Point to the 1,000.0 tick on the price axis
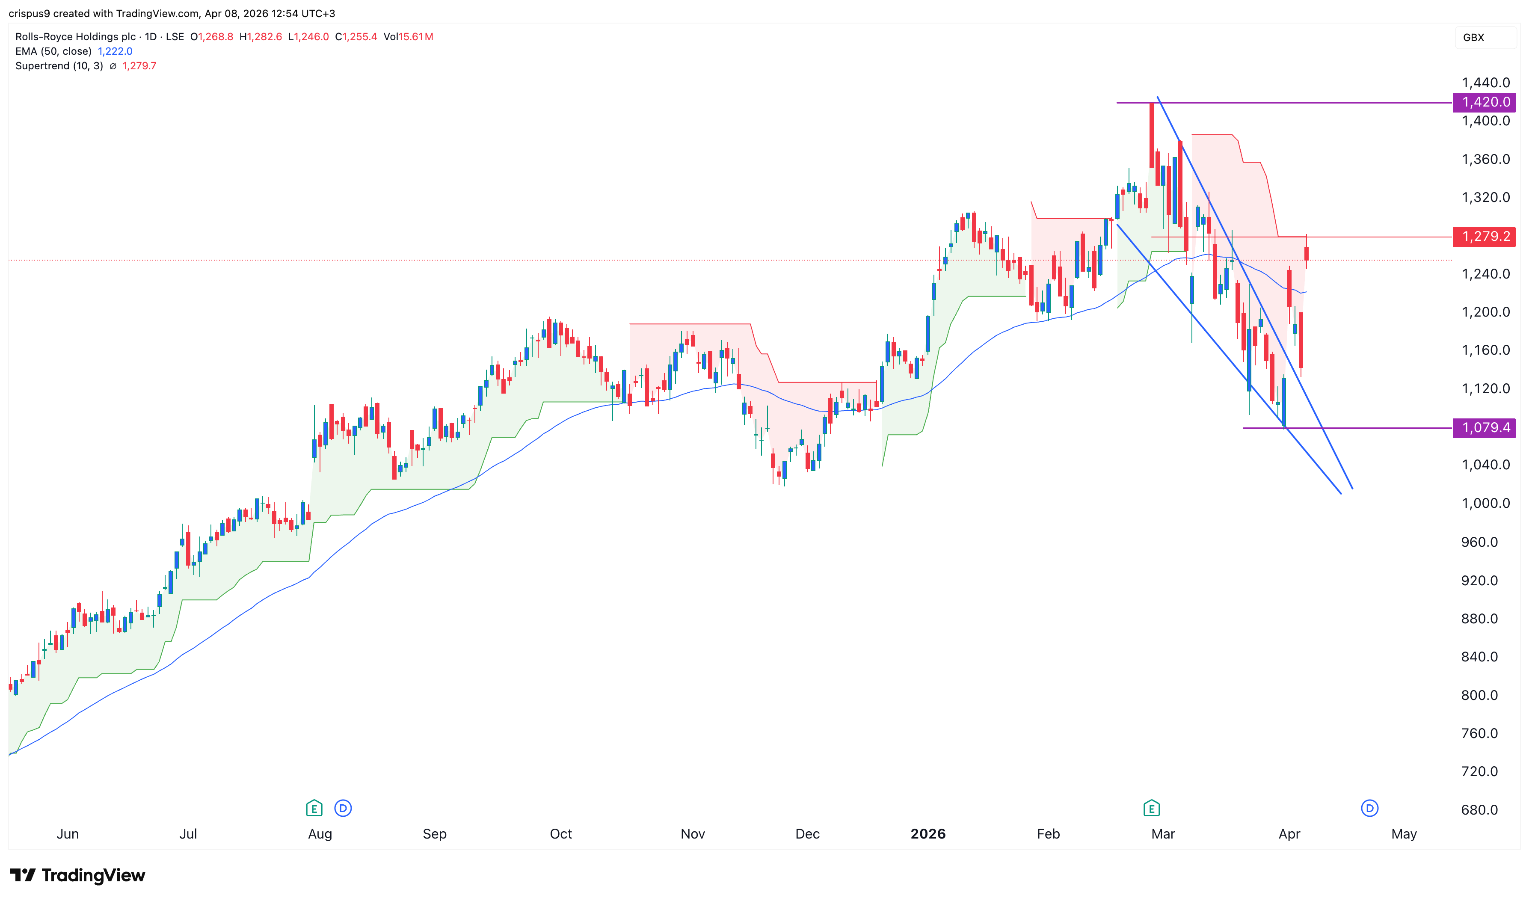[1485, 503]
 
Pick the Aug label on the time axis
[320, 833]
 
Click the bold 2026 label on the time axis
[927, 833]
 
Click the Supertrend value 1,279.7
[139, 65]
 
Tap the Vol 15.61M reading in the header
[408, 36]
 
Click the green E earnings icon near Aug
[314, 808]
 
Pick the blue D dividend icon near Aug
[343, 808]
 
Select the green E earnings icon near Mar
[1151, 808]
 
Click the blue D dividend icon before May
[1369, 808]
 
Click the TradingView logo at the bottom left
[78, 875]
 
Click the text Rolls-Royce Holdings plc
[75, 36]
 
